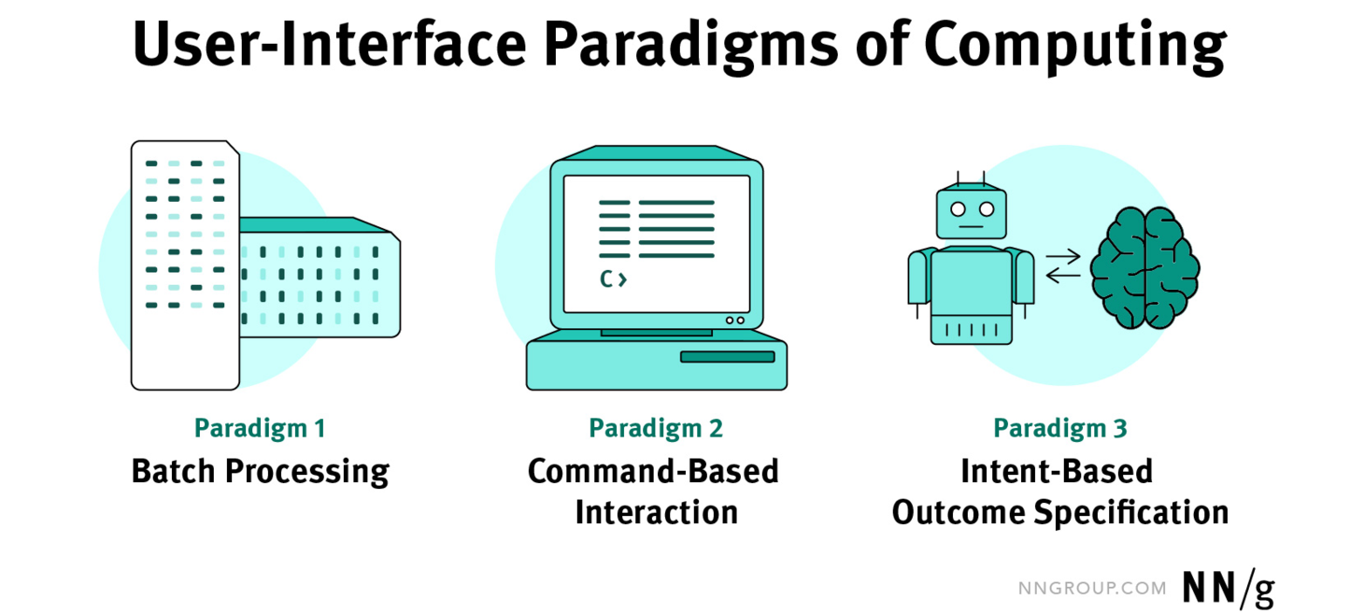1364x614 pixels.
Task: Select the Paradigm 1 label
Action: [260, 429]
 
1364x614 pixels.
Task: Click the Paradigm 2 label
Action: [656, 429]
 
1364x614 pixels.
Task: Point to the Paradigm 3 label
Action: [1059, 429]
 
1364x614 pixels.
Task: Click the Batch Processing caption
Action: [260, 471]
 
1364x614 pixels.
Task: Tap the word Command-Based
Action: [653, 471]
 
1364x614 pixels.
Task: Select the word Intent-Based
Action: [1057, 471]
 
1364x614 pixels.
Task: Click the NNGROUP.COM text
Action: [1091, 589]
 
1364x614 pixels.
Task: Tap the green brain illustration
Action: [1144, 267]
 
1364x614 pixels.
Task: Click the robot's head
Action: [971, 211]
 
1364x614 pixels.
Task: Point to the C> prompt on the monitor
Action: [613, 278]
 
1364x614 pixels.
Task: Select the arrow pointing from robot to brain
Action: [1063, 255]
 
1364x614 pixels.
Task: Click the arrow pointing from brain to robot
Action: [1063, 276]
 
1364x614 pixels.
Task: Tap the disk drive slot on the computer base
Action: [727, 356]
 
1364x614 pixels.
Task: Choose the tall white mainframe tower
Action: [185, 264]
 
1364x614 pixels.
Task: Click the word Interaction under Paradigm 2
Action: [656, 512]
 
